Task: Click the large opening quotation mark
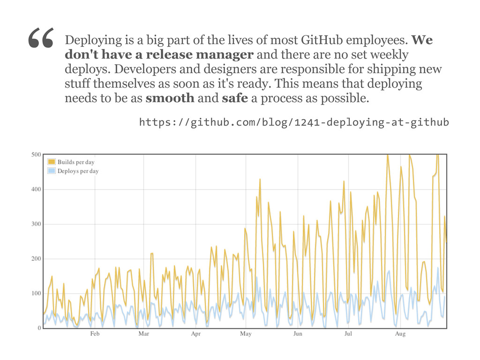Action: [x=41, y=39]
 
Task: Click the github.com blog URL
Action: [x=294, y=123]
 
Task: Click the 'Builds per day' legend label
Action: [x=76, y=162]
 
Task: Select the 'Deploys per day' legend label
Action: [x=78, y=171]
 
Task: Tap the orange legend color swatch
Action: [x=52, y=162]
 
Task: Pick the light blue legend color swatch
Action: [x=52, y=171]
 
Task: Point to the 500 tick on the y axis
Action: [x=35, y=154]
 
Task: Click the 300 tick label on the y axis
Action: [x=35, y=224]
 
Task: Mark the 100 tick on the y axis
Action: [x=35, y=293]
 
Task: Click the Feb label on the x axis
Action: [x=95, y=334]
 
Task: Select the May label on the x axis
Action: [x=246, y=334]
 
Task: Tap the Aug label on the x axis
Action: [x=400, y=334]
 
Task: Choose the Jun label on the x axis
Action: [x=298, y=334]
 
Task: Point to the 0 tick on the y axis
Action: [x=39, y=328]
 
